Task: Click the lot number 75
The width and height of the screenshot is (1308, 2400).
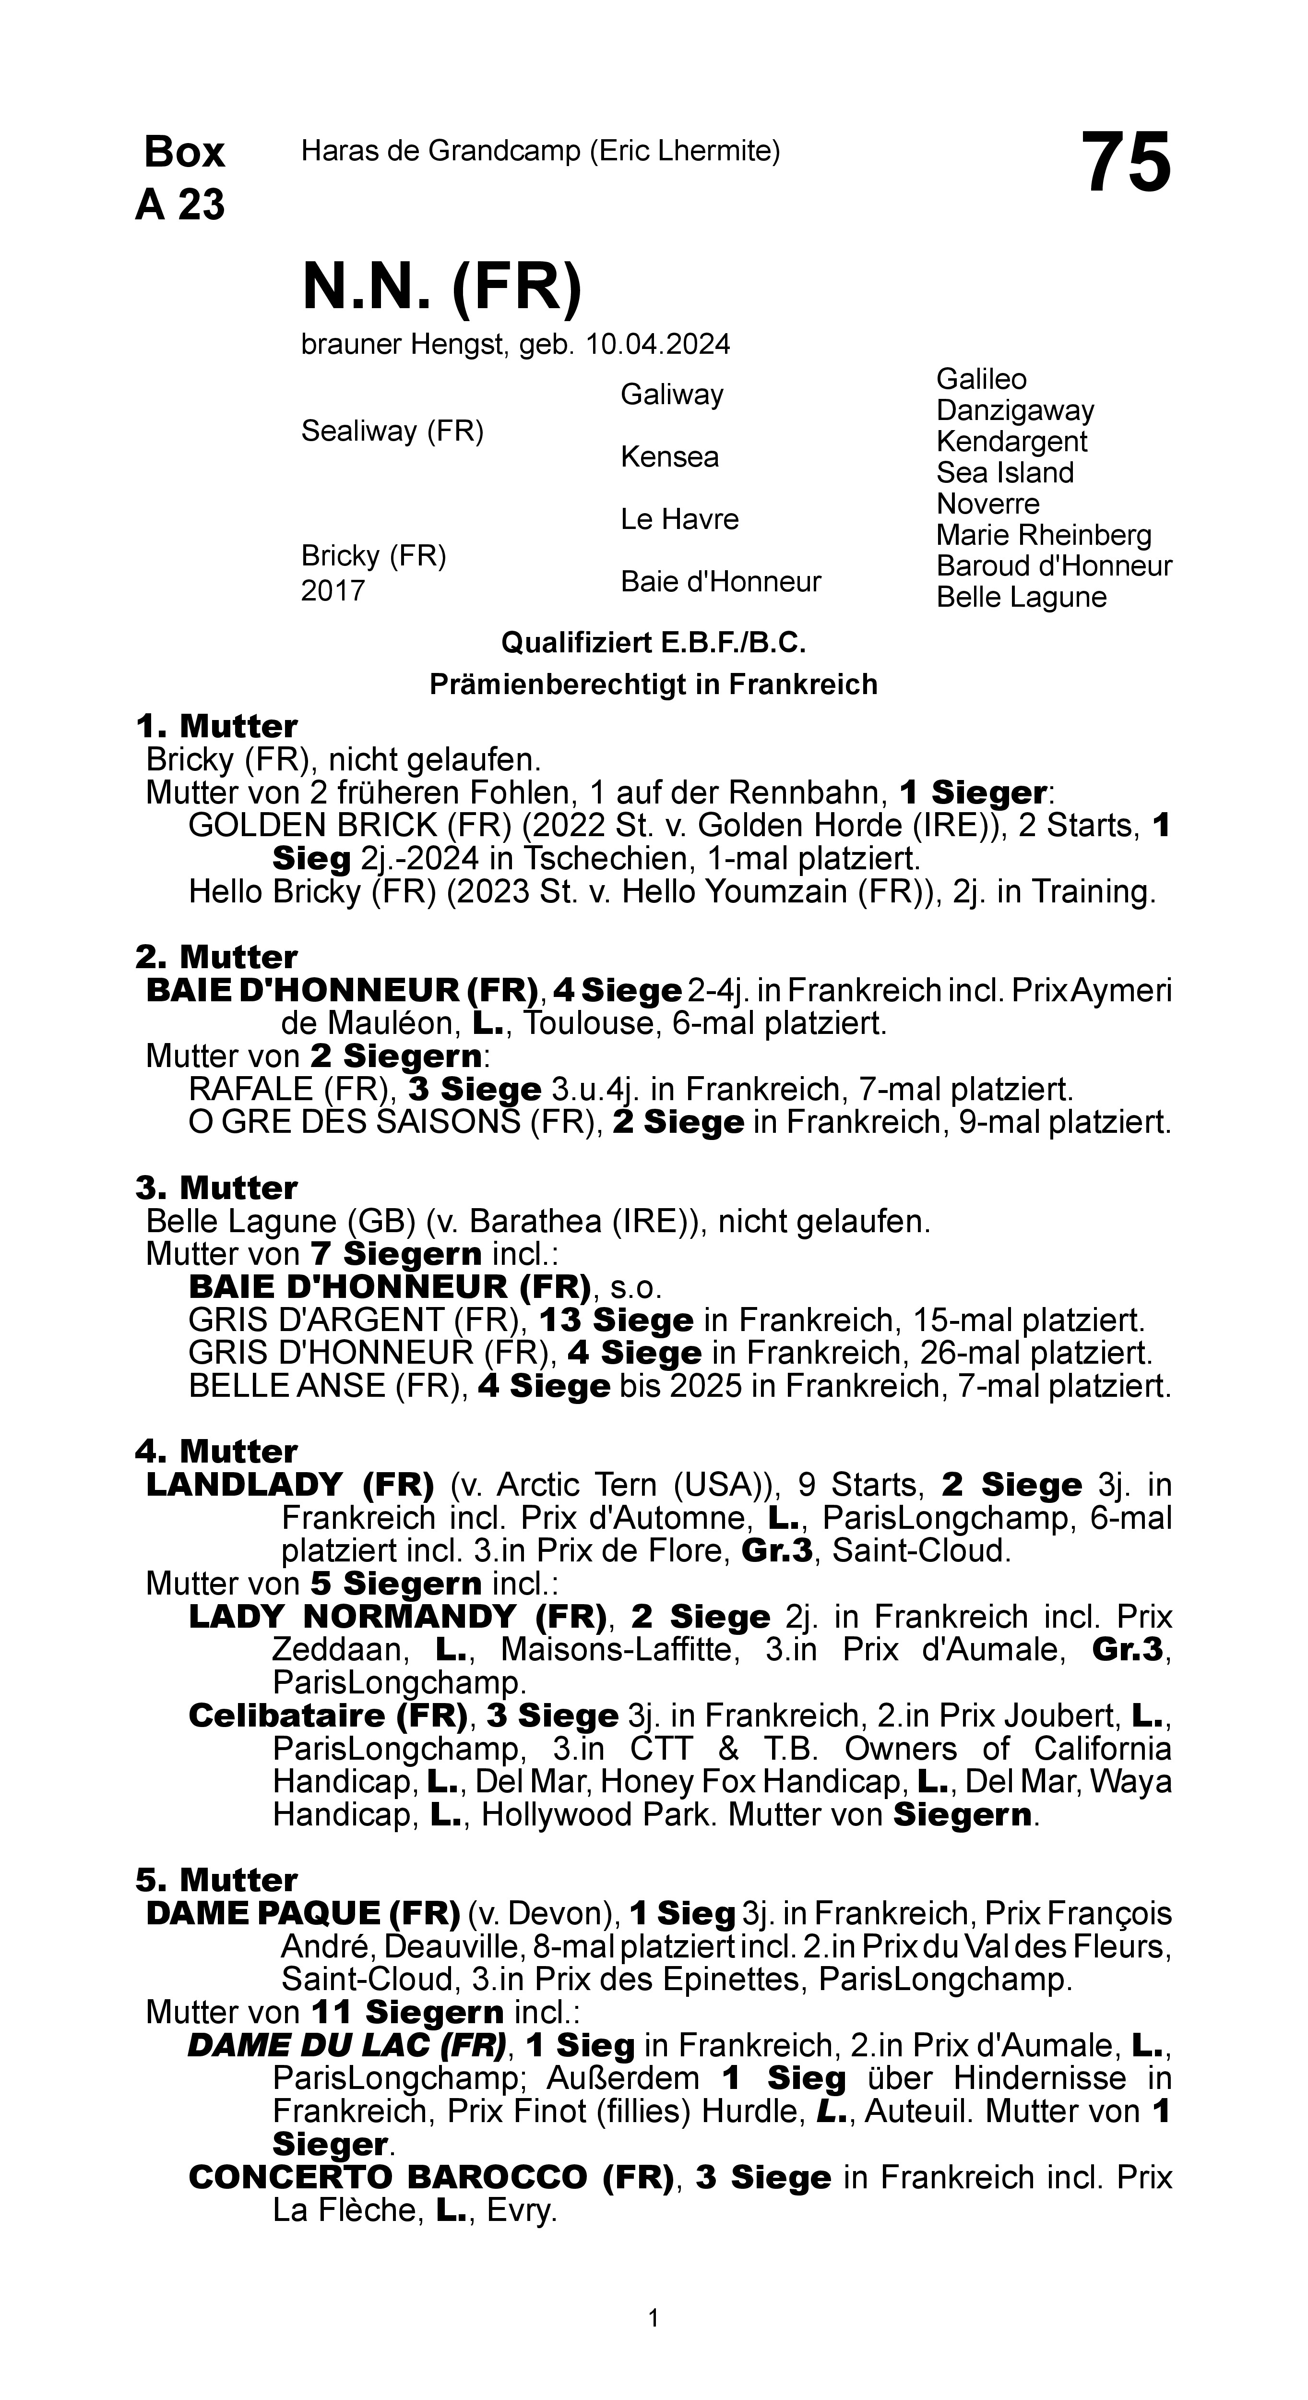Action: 1125,164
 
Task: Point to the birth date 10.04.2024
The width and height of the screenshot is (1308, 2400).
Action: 658,345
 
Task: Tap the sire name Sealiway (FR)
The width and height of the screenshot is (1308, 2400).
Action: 392,432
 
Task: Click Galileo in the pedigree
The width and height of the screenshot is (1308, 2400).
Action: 981,379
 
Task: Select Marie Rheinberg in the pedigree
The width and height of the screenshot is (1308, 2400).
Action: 1044,535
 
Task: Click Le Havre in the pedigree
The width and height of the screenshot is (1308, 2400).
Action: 679,519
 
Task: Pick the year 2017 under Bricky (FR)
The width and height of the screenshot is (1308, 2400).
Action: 333,591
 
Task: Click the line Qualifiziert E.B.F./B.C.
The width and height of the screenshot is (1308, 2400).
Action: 653,643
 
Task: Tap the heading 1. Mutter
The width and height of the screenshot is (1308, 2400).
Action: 216,726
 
